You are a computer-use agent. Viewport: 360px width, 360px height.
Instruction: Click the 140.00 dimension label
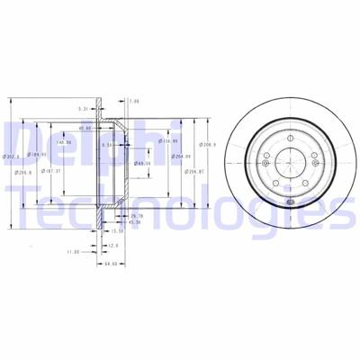coord(62,142)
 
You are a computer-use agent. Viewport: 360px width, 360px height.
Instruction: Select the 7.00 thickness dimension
coord(134,101)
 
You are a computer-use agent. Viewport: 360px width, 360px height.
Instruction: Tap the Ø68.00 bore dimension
coord(141,163)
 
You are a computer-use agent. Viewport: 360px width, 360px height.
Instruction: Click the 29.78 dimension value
coord(137,216)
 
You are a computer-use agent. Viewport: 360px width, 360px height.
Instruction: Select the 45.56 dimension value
coord(135,223)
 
